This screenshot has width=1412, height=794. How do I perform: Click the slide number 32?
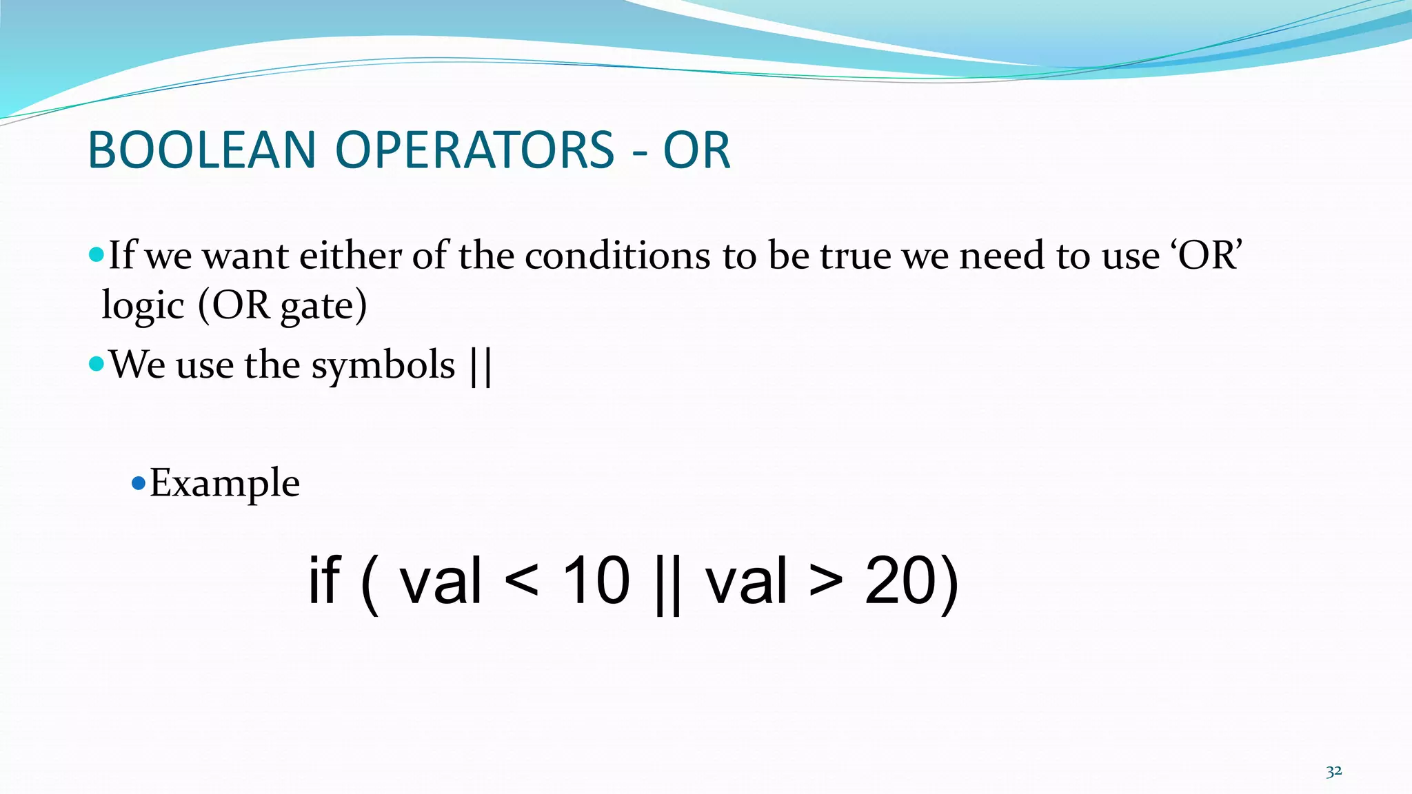click(x=1333, y=771)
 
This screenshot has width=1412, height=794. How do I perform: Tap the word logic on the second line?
click(x=143, y=305)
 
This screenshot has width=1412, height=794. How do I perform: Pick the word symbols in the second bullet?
click(x=383, y=365)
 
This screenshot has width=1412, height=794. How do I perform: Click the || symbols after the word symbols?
click(x=481, y=366)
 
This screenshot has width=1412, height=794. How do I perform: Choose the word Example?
click(x=225, y=482)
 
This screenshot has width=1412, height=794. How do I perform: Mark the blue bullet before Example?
click(x=138, y=482)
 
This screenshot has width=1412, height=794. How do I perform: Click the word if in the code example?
click(x=323, y=580)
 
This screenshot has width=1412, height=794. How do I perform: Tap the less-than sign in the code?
click(x=521, y=582)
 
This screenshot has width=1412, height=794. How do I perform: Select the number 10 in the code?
click(x=596, y=580)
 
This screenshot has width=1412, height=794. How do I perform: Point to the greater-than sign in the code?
click(x=825, y=582)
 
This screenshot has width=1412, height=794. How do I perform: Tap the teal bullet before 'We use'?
click(x=97, y=363)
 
